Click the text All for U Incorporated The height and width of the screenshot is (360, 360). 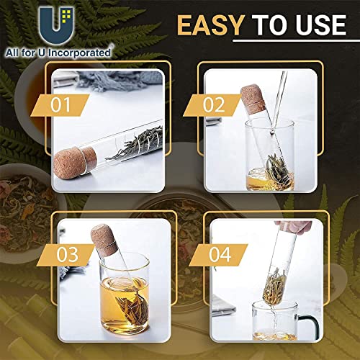click(x=60, y=51)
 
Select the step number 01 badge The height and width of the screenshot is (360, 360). click(x=66, y=104)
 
